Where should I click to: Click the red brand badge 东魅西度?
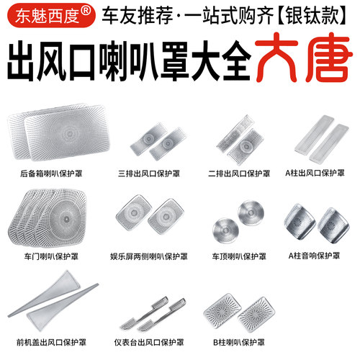51,15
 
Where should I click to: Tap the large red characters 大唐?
303,58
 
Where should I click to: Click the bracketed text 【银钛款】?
312,15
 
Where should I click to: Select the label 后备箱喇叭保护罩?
51,174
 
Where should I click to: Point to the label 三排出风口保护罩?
149,174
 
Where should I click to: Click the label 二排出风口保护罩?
239,174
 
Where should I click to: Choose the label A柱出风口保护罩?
315,173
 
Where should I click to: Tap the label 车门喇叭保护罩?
51,256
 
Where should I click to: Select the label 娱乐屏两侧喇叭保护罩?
149,256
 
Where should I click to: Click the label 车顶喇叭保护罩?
239,256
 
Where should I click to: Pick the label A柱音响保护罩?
314,256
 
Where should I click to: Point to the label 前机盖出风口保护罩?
51,342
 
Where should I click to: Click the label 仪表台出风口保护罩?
149,342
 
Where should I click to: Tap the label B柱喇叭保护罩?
239,342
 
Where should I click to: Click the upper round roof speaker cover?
251,212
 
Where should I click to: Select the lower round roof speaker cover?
225,230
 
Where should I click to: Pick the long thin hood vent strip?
53,300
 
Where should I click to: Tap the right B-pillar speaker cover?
256,315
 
